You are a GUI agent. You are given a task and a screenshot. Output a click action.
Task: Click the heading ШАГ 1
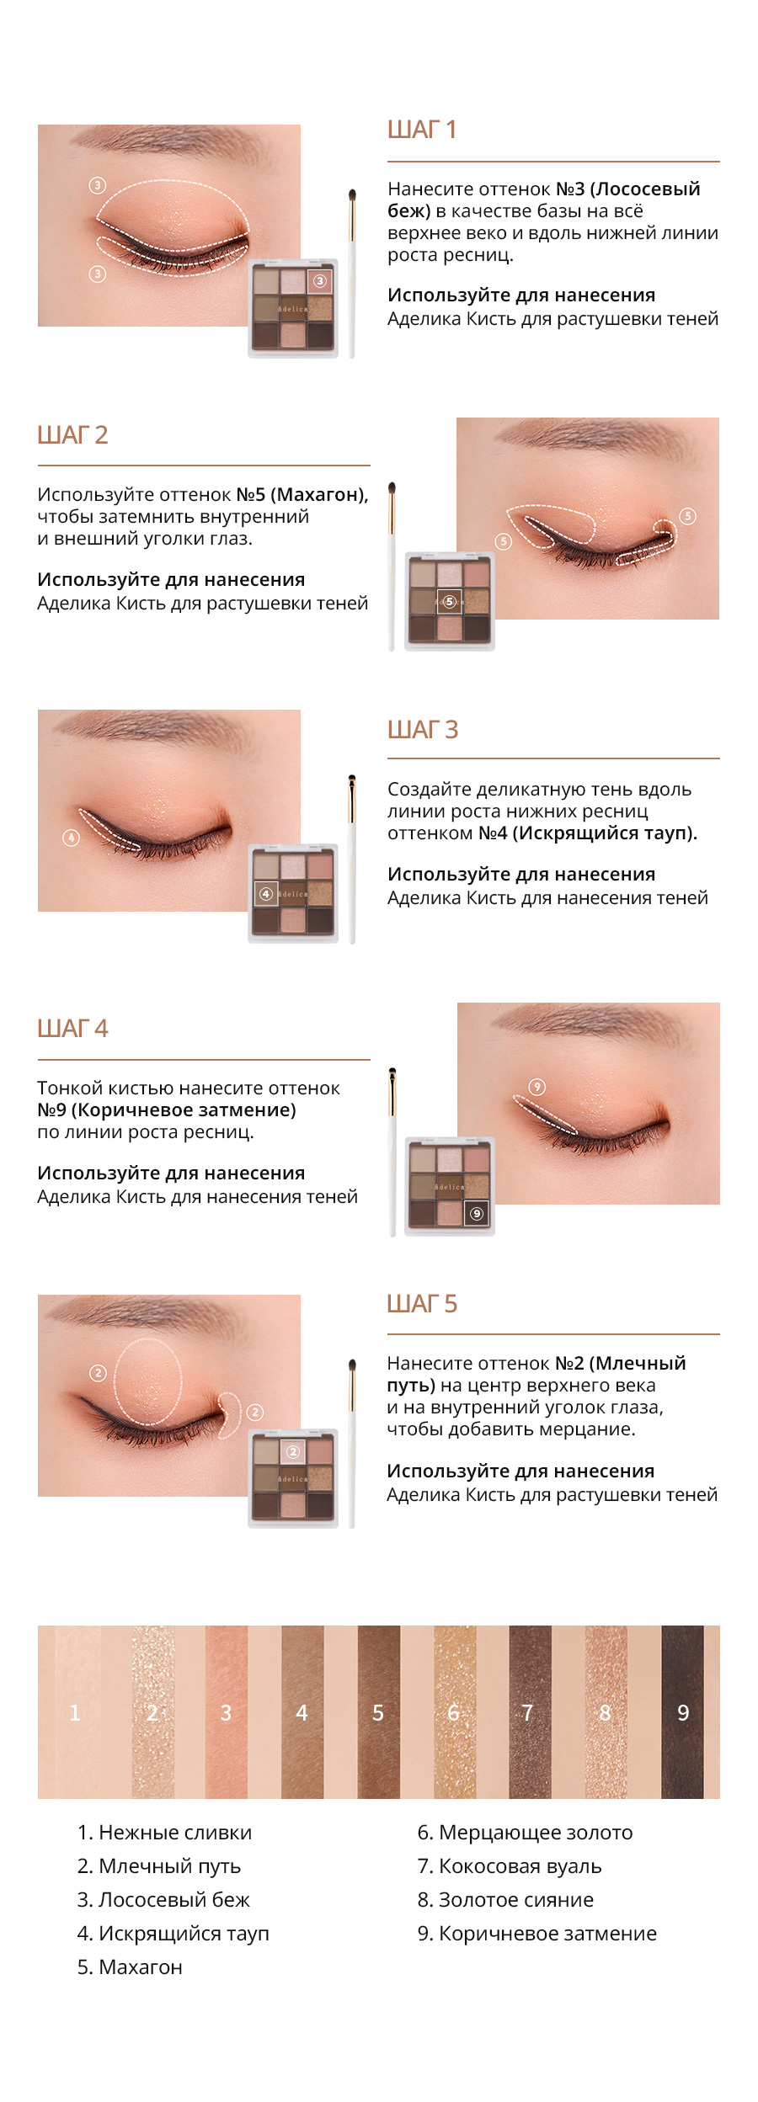click(x=421, y=130)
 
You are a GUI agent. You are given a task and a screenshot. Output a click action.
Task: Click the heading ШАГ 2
click(x=72, y=435)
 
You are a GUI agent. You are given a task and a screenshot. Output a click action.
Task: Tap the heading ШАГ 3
click(x=423, y=729)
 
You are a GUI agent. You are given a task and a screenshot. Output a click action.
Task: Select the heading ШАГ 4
click(x=72, y=1028)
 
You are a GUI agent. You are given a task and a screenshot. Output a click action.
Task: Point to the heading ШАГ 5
click(x=422, y=1304)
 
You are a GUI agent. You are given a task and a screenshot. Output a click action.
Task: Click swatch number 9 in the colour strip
click(x=682, y=1712)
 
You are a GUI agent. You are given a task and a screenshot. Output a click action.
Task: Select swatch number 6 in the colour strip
click(x=455, y=1712)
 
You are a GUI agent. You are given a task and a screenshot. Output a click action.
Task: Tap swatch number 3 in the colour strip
click(x=227, y=1712)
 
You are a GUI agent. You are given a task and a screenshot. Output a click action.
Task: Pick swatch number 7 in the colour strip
click(x=530, y=1712)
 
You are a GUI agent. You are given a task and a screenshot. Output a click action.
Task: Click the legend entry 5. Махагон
click(x=130, y=1967)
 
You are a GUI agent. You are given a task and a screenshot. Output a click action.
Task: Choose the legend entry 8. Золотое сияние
click(x=505, y=1900)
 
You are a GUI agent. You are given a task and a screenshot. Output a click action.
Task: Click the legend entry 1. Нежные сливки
click(x=164, y=1833)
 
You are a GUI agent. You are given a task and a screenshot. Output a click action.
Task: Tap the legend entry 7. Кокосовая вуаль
click(x=510, y=1866)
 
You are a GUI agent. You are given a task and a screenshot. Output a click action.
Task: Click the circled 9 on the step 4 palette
click(x=477, y=1214)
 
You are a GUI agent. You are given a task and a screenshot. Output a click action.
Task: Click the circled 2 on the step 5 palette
click(x=293, y=1451)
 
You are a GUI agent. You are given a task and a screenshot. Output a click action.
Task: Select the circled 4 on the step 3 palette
click(x=266, y=894)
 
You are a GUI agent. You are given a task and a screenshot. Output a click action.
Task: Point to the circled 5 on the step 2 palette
click(x=450, y=601)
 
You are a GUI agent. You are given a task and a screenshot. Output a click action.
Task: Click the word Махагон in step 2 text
click(x=321, y=495)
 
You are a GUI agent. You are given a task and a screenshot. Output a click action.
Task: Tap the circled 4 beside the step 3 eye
click(x=71, y=838)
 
